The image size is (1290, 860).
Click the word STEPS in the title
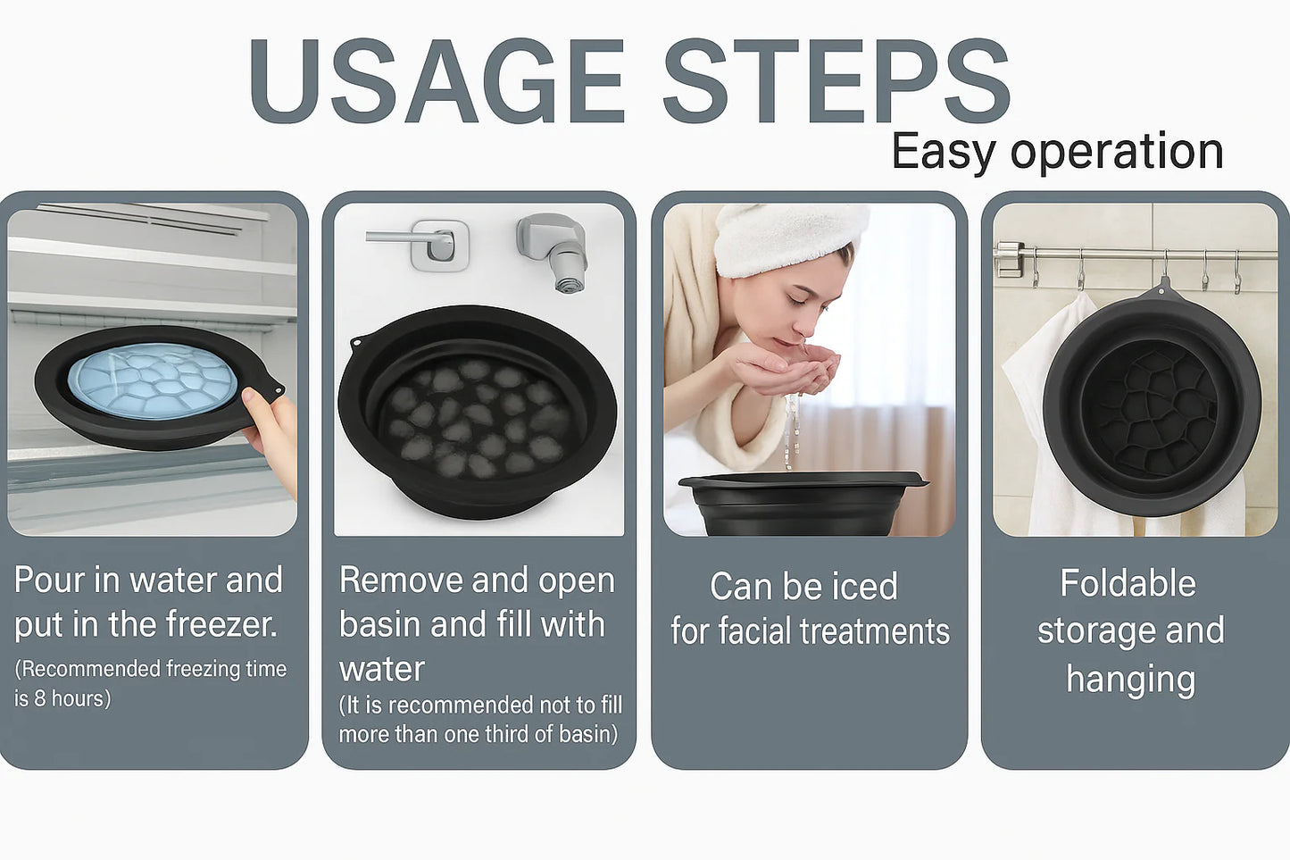[x=836, y=80]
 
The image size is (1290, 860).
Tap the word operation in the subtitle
[x=1117, y=152]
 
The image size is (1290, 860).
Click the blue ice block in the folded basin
[x=152, y=380]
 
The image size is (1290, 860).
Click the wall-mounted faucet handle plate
[x=440, y=246]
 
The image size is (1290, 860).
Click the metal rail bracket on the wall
[x=1009, y=259]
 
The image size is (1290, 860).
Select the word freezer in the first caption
[x=221, y=624]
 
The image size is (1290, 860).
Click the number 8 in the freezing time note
[x=40, y=698]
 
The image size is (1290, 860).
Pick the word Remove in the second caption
[x=401, y=580]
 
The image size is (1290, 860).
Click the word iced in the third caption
[x=865, y=587]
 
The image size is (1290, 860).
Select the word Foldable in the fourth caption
[x=1128, y=583]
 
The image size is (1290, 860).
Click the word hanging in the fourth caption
[x=1130, y=680]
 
